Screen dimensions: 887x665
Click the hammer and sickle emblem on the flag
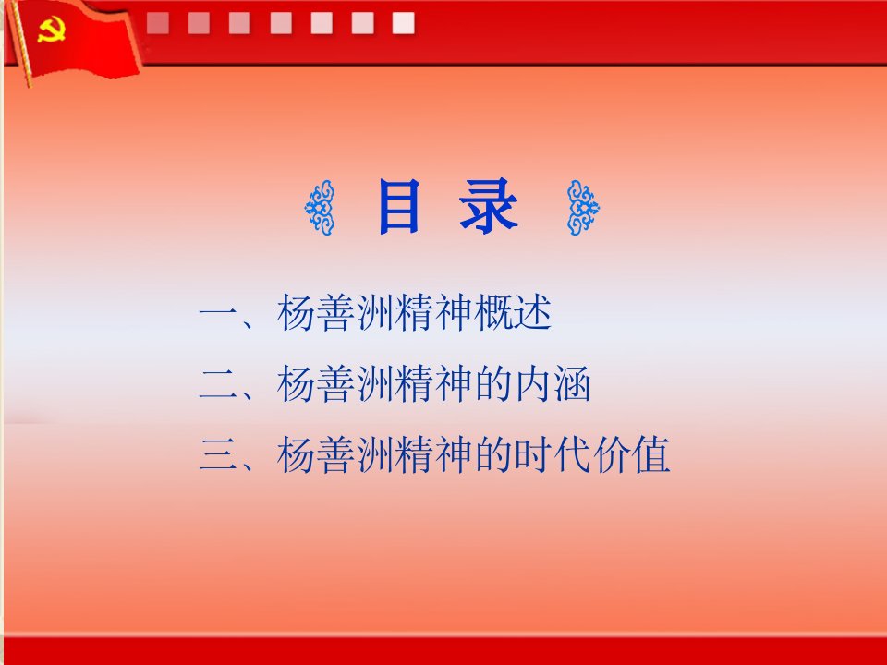click(52, 30)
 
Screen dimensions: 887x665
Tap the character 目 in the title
click(399, 206)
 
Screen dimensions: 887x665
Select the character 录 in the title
click(488, 206)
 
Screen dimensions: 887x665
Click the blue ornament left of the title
click(321, 208)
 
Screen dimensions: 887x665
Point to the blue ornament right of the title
click(583, 208)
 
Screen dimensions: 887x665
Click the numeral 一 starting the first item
click(218, 313)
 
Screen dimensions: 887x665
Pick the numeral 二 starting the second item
click(218, 384)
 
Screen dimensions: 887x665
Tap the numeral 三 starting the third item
click(218, 455)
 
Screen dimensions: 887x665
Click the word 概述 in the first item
click(513, 313)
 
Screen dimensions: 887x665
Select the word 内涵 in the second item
click(553, 384)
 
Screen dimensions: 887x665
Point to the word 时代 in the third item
click(553, 455)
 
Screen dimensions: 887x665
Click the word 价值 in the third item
click(632, 455)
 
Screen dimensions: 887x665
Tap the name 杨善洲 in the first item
click(335, 313)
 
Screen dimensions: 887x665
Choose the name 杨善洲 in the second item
click(335, 384)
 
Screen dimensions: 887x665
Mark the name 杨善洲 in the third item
click(335, 455)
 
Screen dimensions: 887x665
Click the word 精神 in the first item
click(434, 313)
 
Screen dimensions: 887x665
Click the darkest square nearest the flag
click(158, 24)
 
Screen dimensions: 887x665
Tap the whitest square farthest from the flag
click(404, 24)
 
